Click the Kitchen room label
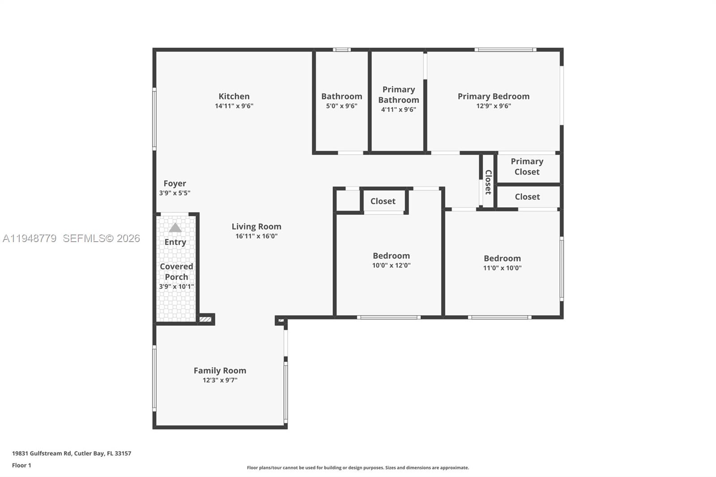234,96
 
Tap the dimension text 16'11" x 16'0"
256,236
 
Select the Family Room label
220,371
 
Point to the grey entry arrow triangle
175,228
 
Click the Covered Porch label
176,272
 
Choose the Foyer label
175,183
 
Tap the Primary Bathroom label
398,95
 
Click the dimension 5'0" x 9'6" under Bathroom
341,106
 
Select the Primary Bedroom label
493,96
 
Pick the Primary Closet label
527,166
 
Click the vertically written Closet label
488,182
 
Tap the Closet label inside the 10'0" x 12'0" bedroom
383,201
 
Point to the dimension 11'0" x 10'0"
502,268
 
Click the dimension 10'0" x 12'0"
391,265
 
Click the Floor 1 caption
21,465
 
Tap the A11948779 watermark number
30,238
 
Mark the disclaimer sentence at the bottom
358,468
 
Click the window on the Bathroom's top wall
341,50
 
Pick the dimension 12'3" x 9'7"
220,380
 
